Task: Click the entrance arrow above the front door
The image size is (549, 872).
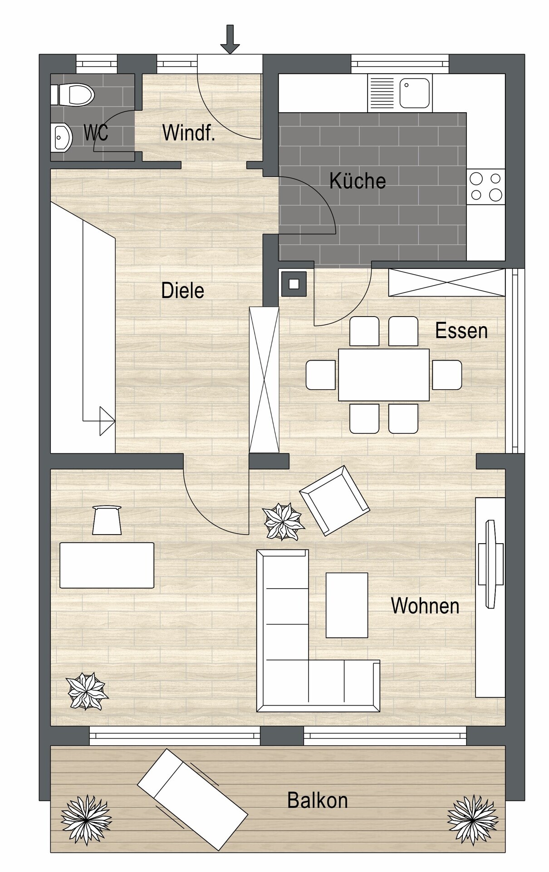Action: point(230,39)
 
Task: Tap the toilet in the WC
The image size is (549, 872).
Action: point(73,94)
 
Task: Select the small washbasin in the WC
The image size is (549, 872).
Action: point(61,137)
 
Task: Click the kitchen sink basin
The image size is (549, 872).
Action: point(414,93)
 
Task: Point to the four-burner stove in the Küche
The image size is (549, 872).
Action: point(486,187)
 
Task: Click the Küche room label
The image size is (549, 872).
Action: point(358,180)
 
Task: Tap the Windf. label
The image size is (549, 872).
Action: point(188,133)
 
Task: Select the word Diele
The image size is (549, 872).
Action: point(183,290)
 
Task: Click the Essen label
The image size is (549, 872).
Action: point(461,331)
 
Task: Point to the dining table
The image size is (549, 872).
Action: point(384,375)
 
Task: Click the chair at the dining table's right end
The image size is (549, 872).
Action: point(447,375)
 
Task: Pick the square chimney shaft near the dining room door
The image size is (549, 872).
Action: point(294,284)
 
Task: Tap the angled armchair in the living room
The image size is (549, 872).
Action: point(334,500)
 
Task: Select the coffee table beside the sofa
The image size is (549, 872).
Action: point(347,605)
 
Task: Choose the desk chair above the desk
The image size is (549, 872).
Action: point(107,520)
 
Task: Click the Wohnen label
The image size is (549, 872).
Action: point(425,606)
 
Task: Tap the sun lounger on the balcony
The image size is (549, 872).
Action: point(192,799)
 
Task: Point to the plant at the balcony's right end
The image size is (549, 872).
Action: point(473,820)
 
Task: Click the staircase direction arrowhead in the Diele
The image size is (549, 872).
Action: point(108,421)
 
